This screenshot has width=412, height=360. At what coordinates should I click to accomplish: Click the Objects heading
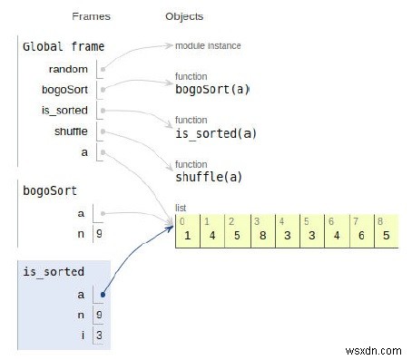click(x=184, y=16)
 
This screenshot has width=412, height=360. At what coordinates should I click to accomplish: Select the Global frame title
click(x=63, y=46)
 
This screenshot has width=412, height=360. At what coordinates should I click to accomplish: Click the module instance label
click(x=209, y=45)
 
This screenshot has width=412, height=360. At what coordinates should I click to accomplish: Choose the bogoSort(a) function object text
click(x=212, y=90)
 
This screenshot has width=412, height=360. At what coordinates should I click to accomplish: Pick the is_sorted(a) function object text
click(x=216, y=134)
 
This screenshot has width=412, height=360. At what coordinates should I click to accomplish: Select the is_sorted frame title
click(x=54, y=271)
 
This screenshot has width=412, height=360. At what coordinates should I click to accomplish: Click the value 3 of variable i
click(x=98, y=335)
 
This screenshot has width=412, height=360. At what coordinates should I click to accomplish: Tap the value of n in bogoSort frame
click(x=98, y=234)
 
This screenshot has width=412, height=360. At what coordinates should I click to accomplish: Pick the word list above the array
click(x=182, y=208)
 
